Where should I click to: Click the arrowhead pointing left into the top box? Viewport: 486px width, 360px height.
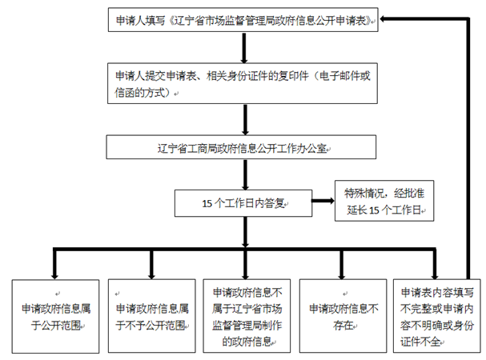coord(386,19)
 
